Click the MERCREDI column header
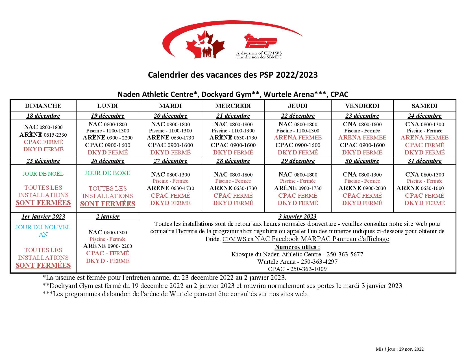tap(233, 106)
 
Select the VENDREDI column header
tap(362, 106)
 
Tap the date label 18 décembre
tap(43, 116)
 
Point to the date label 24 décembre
tap(424, 116)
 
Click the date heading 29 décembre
tap(298, 161)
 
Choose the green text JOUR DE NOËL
tap(43, 174)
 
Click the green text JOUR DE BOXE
tap(107, 173)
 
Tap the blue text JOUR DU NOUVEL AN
tap(43, 231)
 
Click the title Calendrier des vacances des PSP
tap(233, 75)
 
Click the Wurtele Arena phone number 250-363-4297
tap(319, 262)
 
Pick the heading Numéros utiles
tap(297, 247)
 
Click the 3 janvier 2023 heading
tap(297, 217)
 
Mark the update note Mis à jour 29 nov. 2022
tap(400, 349)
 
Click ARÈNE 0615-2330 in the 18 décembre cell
tap(43, 135)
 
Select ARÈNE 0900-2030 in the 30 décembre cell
tap(362, 188)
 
